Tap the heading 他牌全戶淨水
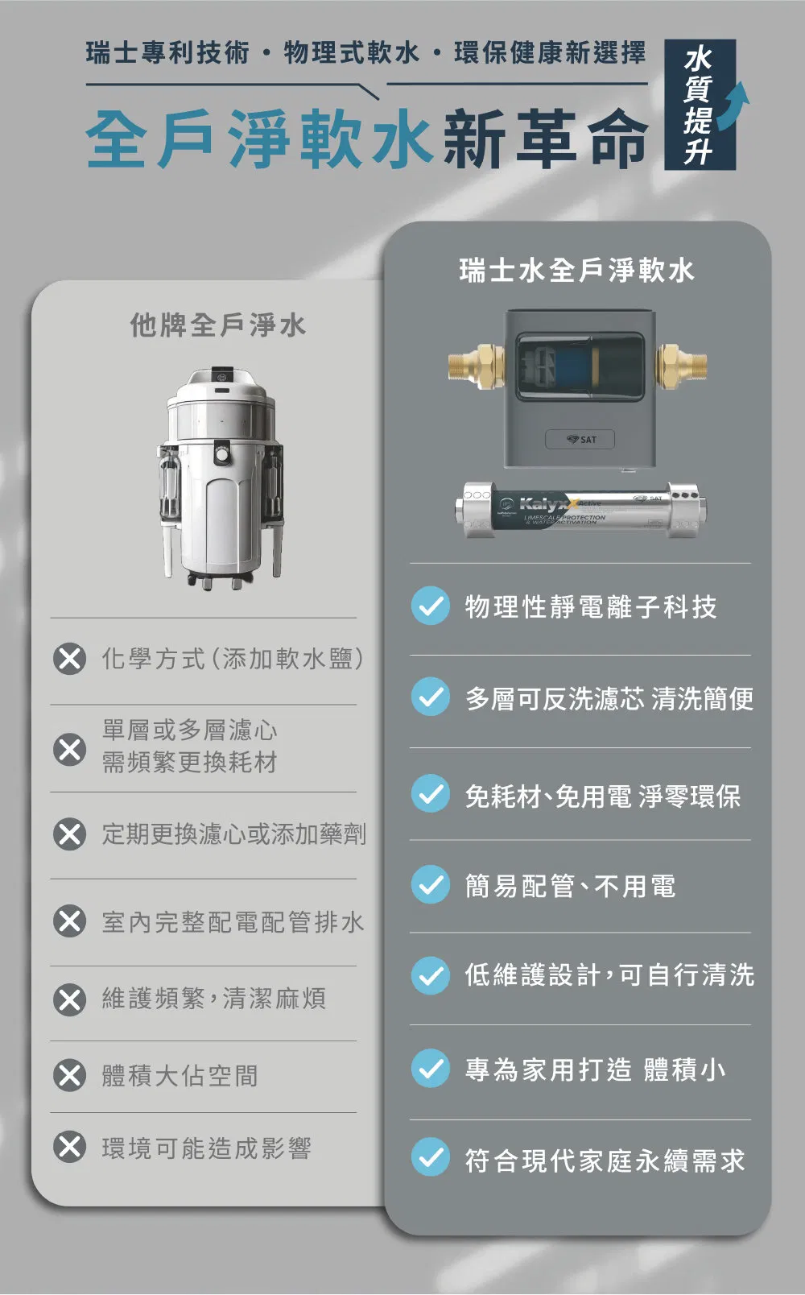(218, 325)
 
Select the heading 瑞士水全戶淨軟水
(576, 271)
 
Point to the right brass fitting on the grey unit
(681, 364)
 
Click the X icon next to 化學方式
(70, 659)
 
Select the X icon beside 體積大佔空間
(70, 1075)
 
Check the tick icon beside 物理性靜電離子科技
(431, 606)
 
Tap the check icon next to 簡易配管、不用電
(431, 885)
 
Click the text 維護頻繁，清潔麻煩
(213, 999)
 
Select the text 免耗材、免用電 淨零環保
(602, 796)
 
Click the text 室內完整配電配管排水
(233, 922)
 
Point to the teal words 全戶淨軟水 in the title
(259, 139)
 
